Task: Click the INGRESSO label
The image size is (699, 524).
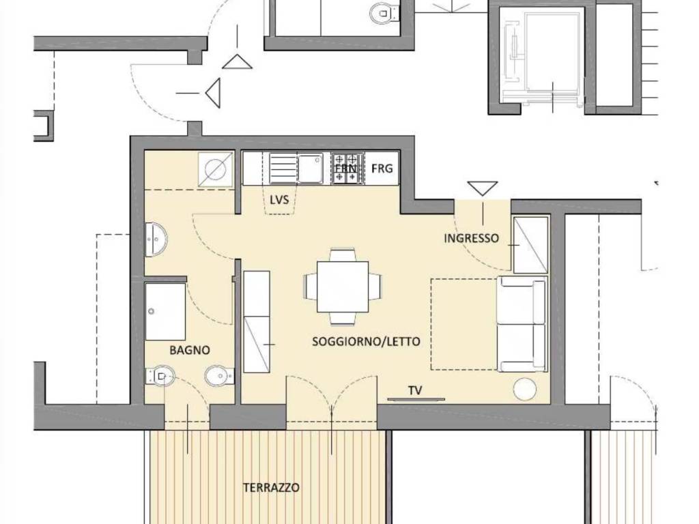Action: tap(471, 239)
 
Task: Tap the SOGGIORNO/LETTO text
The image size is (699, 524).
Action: tap(366, 341)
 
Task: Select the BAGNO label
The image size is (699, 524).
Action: tap(189, 350)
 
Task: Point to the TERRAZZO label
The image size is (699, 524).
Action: tap(271, 488)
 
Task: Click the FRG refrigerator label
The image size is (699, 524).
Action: tap(382, 168)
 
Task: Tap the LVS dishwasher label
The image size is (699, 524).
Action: tap(279, 199)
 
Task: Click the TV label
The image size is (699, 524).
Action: tap(415, 390)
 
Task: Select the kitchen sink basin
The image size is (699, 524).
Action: tap(310, 169)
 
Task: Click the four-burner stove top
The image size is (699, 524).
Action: tap(346, 169)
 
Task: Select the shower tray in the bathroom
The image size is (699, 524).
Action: tap(165, 311)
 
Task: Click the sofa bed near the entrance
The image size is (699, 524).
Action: tap(522, 324)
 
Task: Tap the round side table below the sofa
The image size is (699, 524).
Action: tap(525, 389)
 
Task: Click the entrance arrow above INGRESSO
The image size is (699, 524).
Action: tap(482, 188)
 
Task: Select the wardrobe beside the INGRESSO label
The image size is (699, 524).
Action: tap(530, 245)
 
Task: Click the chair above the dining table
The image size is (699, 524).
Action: tap(343, 256)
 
